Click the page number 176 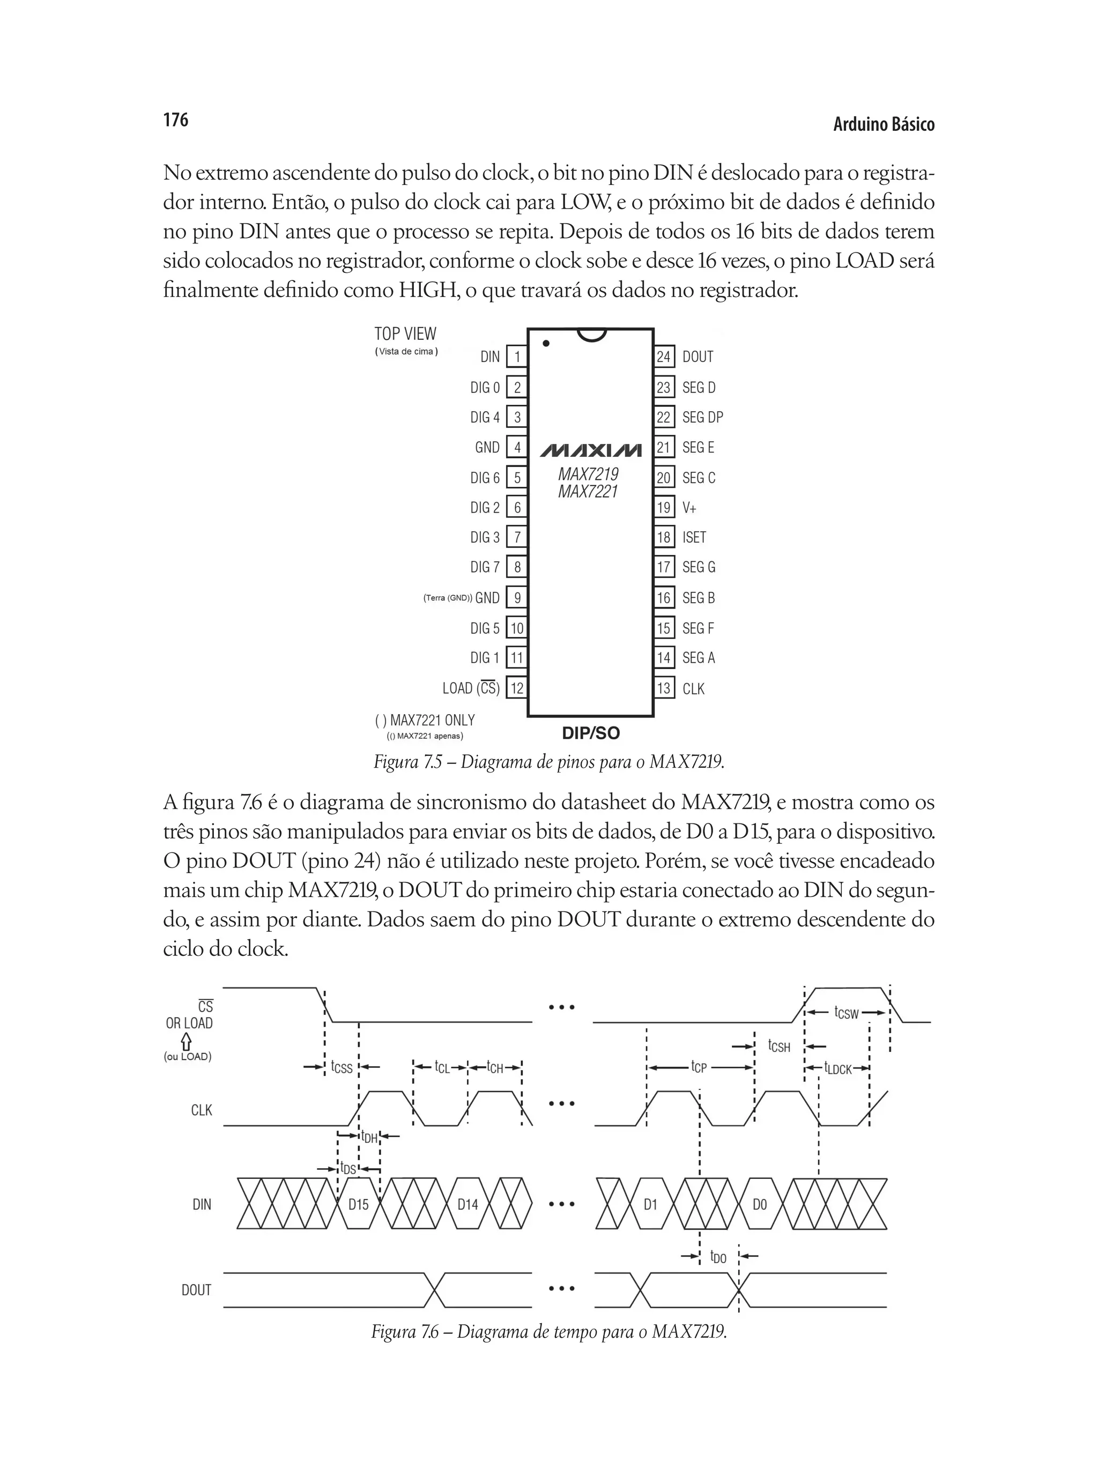coord(175,120)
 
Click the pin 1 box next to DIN coord(516,357)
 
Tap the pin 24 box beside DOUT coord(663,357)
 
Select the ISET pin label coord(694,537)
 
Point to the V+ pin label coord(689,508)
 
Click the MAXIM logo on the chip coord(590,450)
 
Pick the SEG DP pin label coord(702,417)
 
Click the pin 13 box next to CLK coord(663,688)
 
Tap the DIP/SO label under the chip coord(590,733)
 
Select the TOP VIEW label coord(405,333)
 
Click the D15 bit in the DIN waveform coord(358,1204)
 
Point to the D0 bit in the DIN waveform coord(759,1204)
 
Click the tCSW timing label coord(846,1013)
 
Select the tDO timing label coord(718,1257)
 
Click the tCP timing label coord(699,1067)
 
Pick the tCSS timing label coord(342,1067)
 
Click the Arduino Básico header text coord(884,124)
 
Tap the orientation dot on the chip coord(546,344)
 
